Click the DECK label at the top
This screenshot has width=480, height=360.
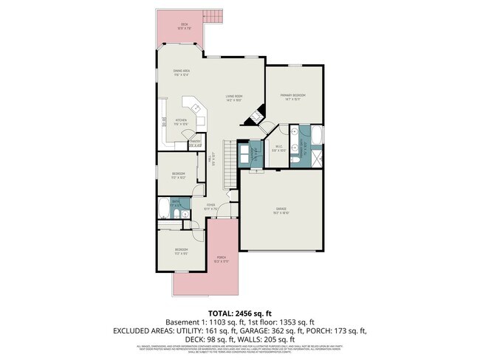184,25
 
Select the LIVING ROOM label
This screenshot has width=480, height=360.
234,97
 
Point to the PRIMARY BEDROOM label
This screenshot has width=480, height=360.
293,96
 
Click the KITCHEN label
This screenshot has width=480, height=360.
181,121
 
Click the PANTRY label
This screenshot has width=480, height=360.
196,143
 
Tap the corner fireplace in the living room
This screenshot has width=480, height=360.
256,117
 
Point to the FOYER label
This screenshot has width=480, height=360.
210,207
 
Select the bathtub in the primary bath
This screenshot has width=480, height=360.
317,136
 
